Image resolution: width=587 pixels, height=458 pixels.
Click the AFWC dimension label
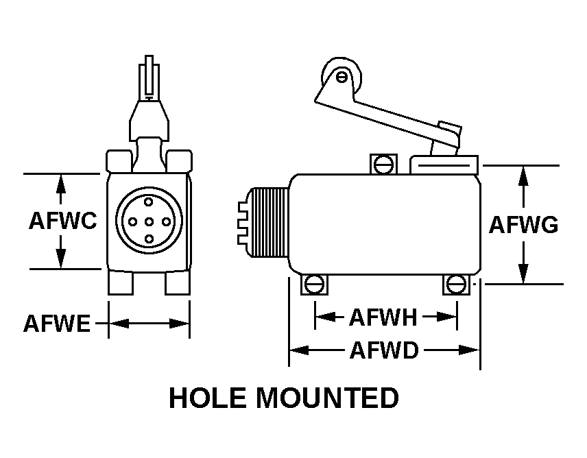tap(62, 221)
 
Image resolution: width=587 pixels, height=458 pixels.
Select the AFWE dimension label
tap(56, 323)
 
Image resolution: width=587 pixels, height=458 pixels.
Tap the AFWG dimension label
tap(523, 225)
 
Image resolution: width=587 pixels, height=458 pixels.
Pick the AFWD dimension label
tap(384, 351)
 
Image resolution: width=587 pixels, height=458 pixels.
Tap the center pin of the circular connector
tap(149, 221)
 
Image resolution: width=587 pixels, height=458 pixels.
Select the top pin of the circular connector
tap(149, 204)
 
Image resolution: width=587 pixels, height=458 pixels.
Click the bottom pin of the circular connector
tap(149, 239)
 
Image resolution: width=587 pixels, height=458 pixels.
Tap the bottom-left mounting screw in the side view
tap(315, 284)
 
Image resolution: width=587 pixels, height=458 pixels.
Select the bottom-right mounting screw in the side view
tap(456, 284)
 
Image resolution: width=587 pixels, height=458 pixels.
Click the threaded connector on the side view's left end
tap(271, 221)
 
